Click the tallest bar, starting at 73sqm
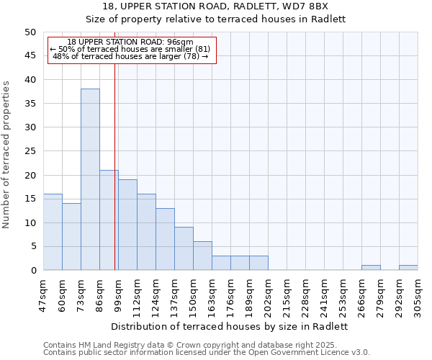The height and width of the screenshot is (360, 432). pos(90,179)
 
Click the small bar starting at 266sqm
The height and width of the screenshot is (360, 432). pos(371,268)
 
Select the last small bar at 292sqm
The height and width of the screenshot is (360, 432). pos(408,268)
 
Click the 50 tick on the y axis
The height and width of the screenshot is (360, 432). pos(30,32)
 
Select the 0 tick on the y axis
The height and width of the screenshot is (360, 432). pos(32,271)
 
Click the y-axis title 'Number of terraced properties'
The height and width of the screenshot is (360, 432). pos(6,154)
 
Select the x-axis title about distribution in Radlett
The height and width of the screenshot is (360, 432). pos(230,326)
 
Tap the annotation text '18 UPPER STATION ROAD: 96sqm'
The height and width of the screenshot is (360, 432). pos(130,42)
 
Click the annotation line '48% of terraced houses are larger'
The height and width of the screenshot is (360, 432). pos(130,56)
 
